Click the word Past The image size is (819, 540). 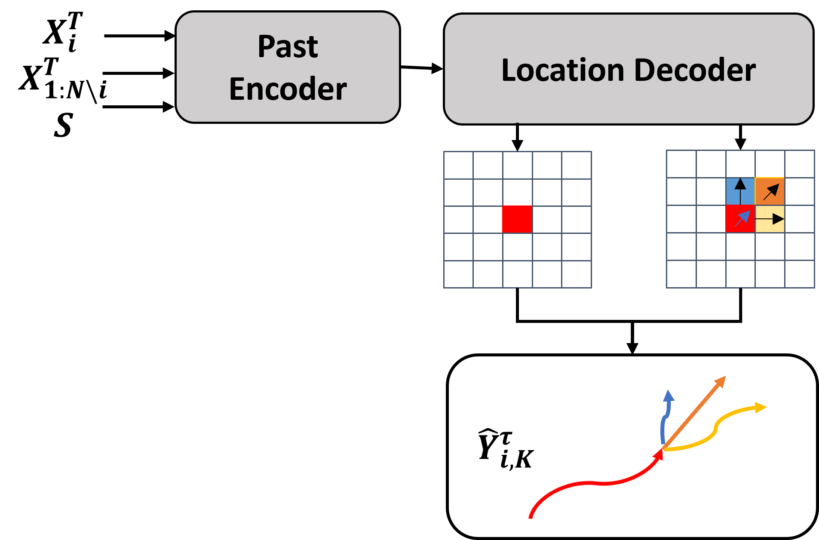tap(288, 46)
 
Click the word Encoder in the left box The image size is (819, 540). tap(288, 89)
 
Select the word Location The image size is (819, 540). tap(563, 70)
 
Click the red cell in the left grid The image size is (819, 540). tap(517, 219)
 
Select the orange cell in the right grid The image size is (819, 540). tap(770, 191)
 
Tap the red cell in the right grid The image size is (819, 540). tap(740, 219)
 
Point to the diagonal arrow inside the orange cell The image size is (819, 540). tap(771, 192)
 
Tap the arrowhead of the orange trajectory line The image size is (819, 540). tap(721, 381)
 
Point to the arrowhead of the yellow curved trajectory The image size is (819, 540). tap(761, 407)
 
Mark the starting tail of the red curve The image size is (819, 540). tap(531, 517)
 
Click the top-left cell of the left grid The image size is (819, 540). tap(458, 165)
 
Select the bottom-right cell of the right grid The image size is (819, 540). tap(799, 274)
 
